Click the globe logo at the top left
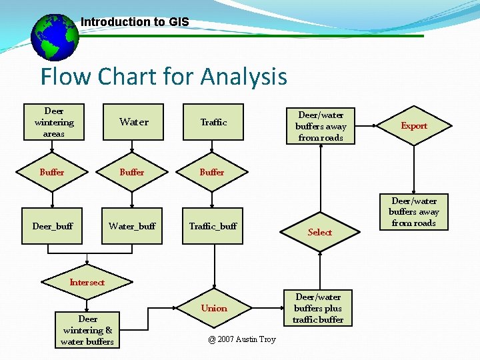pyautogui.click(x=55, y=37)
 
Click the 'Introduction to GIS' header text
pyautogui.click(x=135, y=22)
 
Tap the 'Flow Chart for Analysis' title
pyautogui.click(x=163, y=77)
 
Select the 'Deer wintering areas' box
pyautogui.click(x=54, y=122)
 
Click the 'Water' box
pyautogui.click(x=133, y=122)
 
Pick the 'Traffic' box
pyautogui.click(x=213, y=122)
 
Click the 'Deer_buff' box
pyautogui.click(x=53, y=226)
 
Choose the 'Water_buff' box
pyautogui.click(x=132, y=226)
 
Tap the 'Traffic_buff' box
pyautogui.click(x=213, y=226)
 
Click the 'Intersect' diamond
pyautogui.click(x=87, y=282)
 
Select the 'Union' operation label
pyautogui.click(x=214, y=308)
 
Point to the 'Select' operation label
pyautogui.click(x=320, y=232)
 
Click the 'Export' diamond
pyautogui.click(x=414, y=125)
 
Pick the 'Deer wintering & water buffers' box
pyautogui.click(x=87, y=330)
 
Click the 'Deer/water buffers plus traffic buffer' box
pyautogui.click(x=319, y=308)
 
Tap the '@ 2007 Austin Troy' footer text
pyautogui.click(x=241, y=339)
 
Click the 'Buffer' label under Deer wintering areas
pyautogui.click(x=52, y=172)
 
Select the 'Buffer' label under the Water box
pyautogui.click(x=132, y=172)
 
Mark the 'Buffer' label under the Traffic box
pyautogui.click(x=212, y=172)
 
